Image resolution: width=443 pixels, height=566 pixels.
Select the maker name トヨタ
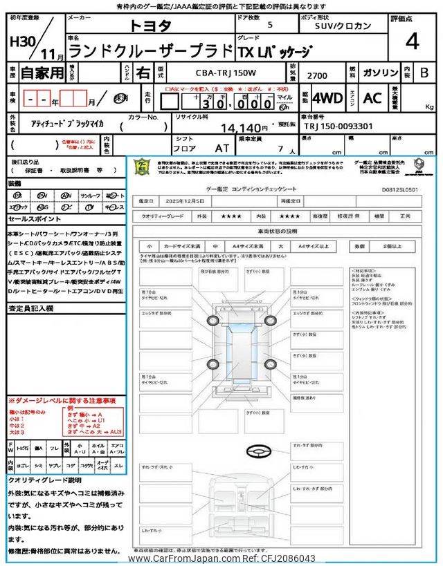pos(152,26)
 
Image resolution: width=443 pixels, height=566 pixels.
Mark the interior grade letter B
pos(424,73)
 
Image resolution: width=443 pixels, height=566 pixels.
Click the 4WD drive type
pos(327,98)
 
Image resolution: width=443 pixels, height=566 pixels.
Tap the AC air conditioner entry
pos(372,98)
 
